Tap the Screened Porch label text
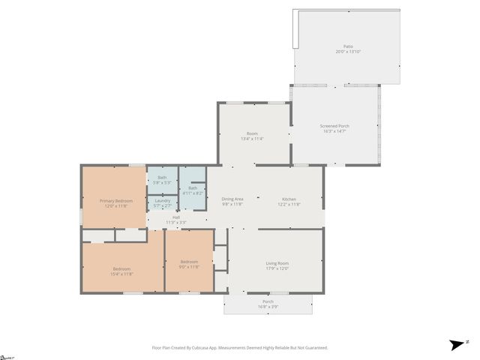point(334,126)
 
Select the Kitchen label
point(289,199)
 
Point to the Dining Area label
point(232,199)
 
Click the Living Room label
point(277,263)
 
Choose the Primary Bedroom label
point(116,201)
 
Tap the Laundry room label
point(163,199)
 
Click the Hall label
point(176,217)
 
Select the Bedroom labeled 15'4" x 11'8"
point(121,269)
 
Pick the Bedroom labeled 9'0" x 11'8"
point(189,262)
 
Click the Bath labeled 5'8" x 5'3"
point(162,178)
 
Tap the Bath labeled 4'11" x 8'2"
point(193,187)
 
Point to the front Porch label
point(268,301)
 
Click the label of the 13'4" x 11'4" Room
point(252,133)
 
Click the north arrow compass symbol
point(456,345)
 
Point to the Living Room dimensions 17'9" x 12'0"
point(277,268)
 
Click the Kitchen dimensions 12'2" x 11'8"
point(289,204)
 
